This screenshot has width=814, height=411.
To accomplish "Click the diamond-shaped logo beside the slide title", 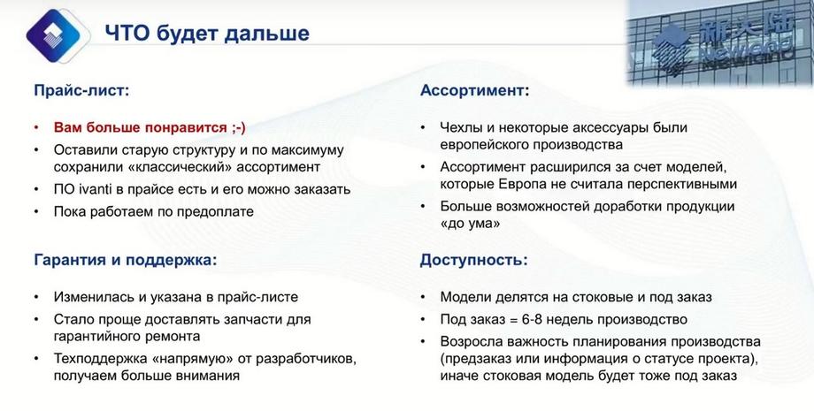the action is [55, 35].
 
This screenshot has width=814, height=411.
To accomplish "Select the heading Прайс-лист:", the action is [81, 91].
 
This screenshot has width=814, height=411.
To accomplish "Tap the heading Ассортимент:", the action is [474, 91].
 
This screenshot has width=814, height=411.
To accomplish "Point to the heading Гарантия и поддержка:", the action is [125, 260].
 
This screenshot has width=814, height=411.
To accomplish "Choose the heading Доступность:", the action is [473, 260].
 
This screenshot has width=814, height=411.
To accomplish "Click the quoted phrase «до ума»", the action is [470, 224].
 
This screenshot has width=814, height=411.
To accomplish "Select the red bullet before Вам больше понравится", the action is [36, 128].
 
